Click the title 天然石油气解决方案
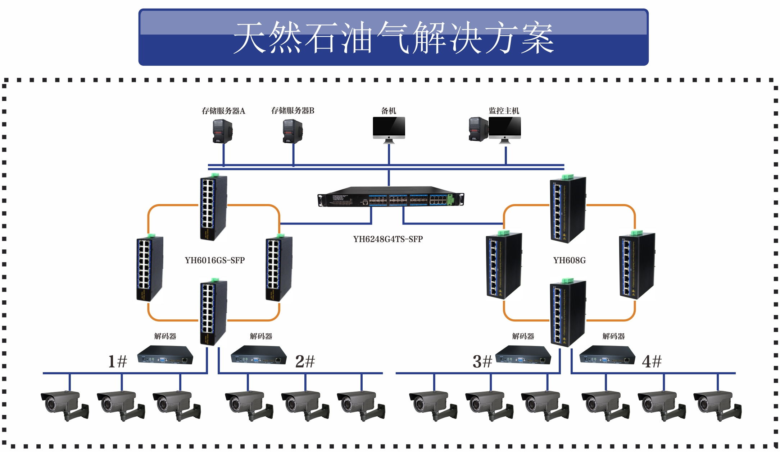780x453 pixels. (x=393, y=37)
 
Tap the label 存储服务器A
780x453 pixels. (x=223, y=111)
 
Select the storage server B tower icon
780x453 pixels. (x=292, y=131)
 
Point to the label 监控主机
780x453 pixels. (x=504, y=111)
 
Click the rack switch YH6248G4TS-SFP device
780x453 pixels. (x=391, y=197)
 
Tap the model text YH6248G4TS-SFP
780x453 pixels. (x=388, y=239)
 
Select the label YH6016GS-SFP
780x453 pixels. (x=215, y=260)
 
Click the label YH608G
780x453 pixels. (x=570, y=260)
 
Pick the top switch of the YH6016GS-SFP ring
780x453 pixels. (x=214, y=207)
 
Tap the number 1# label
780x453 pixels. (x=118, y=361)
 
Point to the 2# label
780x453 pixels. (x=305, y=361)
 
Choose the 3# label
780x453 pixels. (x=482, y=361)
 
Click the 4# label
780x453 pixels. (x=652, y=361)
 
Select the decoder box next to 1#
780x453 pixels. (x=165, y=355)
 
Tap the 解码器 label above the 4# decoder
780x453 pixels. (x=613, y=336)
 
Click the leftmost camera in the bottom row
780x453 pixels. (x=65, y=405)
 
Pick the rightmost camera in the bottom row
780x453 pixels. (x=717, y=405)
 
